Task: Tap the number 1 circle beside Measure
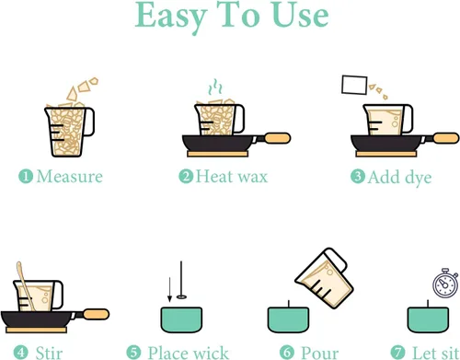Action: click(26, 177)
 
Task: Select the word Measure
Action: click(70, 177)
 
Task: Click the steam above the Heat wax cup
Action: click(215, 87)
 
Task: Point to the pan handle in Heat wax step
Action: click(277, 138)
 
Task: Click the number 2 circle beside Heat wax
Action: click(186, 177)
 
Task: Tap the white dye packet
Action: click(354, 85)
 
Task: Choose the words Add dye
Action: click(399, 178)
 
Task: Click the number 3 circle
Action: click(358, 177)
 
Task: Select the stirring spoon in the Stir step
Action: click(25, 285)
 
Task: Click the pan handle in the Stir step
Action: click(96, 315)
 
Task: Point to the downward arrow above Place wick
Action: click(169, 290)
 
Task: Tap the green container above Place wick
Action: click(181, 319)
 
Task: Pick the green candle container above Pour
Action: click(288, 319)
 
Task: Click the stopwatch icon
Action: click(445, 283)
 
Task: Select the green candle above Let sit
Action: click(428, 319)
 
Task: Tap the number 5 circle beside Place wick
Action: click(133, 353)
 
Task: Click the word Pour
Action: click(320, 353)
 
